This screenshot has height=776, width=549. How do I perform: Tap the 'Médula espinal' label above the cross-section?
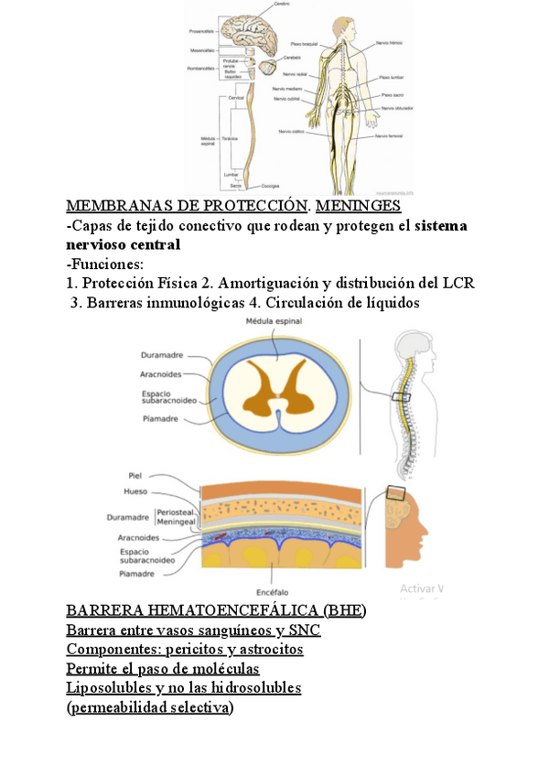point(274,321)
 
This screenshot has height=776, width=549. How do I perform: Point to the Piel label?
point(136,475)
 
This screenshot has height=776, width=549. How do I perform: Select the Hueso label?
point(135,491)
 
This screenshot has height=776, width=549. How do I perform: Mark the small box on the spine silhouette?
point(402,397)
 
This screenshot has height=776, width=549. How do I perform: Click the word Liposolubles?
point(108,686)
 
